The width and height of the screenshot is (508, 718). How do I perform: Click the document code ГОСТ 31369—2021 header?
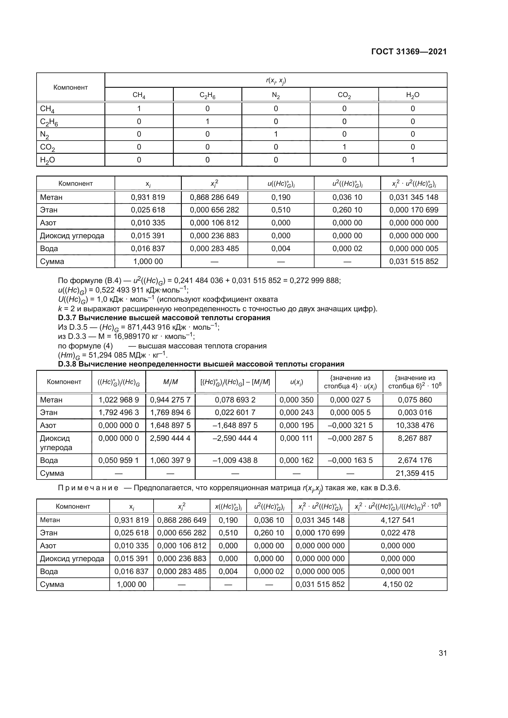(x=409, y=52)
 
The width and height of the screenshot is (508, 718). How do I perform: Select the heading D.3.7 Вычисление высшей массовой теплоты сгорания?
(x=164, y=318)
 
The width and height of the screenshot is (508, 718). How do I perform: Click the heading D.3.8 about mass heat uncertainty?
(x=201, y=364)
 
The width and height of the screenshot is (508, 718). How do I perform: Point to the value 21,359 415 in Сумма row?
(x=415, y=473)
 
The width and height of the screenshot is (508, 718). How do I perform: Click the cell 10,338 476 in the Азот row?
(x=415, y=425)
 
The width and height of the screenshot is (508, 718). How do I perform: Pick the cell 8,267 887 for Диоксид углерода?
(x=415, y=438)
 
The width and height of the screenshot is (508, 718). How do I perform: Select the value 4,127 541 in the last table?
(x=397, y=520)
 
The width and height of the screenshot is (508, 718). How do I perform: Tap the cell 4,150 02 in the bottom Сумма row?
(x=397, y=584)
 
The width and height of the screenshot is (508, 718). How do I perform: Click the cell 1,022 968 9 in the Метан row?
(x=119, y=400)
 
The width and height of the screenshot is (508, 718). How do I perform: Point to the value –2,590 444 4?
(x=235, y=438)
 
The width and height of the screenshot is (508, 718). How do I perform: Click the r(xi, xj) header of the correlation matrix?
(x=276, y=80)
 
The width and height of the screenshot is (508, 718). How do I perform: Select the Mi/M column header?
(x=170, y=382)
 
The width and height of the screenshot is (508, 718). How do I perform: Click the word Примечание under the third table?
(x=88, y=488)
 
